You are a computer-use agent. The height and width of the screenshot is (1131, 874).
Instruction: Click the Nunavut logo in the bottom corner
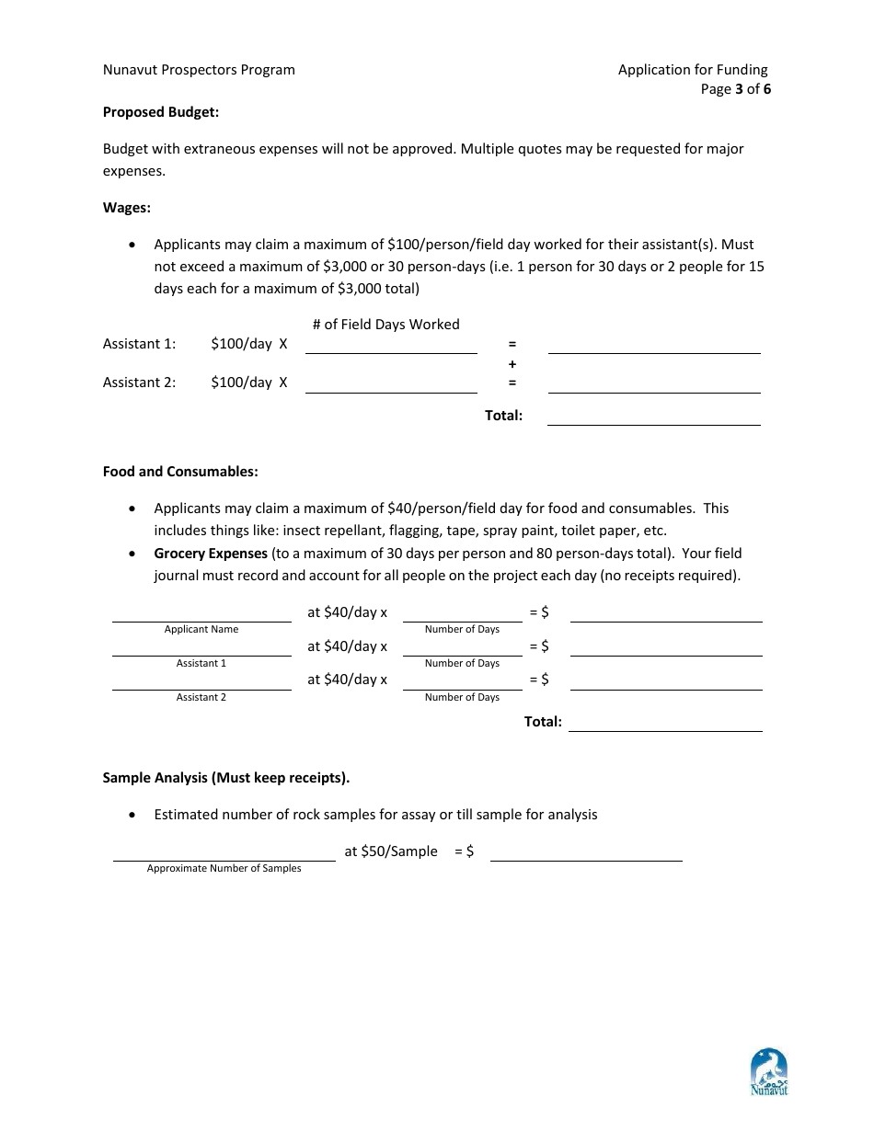tap(769, 1072)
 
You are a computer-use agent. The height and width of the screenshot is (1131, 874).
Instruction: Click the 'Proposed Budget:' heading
tap(161, 112)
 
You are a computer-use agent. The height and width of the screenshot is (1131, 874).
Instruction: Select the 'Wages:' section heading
tap(126, 208)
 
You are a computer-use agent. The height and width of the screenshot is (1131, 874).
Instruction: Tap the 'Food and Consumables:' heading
tap(180, 472)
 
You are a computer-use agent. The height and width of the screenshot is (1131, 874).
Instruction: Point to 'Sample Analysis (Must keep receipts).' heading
tap(225, 778)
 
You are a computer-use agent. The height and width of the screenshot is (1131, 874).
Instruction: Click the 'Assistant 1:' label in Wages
tap(139, 344)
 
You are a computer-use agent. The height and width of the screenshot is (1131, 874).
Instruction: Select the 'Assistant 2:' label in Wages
tap(139, 383)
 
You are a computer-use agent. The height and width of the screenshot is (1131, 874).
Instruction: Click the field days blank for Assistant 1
tap(391, 345)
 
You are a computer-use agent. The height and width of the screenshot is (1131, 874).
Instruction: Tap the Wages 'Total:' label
tap(503, 416)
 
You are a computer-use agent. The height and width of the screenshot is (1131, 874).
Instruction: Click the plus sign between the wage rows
tap(512, 364)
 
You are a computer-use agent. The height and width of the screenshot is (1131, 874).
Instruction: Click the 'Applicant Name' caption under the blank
tap(201, 630)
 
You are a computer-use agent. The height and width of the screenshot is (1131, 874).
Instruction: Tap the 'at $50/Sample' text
tap(391, 851)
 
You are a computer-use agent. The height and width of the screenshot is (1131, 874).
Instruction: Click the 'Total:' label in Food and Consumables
tap(543, 722)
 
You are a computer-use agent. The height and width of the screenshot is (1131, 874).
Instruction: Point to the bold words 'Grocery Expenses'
tap(211, 554)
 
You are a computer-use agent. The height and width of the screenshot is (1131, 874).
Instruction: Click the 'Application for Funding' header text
tap(693, 70)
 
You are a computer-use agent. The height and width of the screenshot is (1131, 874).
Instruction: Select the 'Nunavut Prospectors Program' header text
tap(199, 70)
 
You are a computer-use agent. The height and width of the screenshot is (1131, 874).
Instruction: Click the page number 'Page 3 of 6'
tap(735, 90)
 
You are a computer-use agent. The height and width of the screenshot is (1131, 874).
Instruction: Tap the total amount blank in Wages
tap(653, 417)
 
